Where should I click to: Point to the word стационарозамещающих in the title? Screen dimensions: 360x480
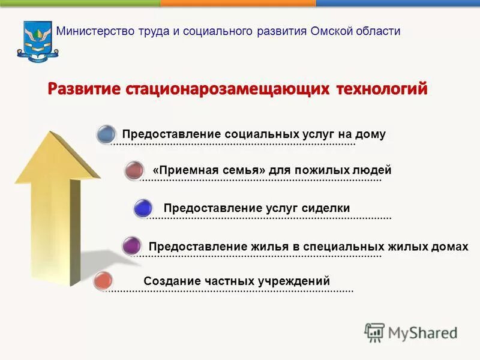[228, 89]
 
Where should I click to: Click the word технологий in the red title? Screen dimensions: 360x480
[381, 89]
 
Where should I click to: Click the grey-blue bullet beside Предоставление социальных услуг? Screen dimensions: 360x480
[106, 134]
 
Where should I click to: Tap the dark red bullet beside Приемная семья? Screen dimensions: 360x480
[134, 170]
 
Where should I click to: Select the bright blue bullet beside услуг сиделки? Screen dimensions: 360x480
[143, 208]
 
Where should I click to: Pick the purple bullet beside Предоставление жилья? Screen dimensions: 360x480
[131, 245]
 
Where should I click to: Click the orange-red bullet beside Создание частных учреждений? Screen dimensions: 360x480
[104, 281]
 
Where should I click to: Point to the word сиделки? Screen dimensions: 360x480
[328, 208]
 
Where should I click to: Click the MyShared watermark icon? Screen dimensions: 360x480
[374, 332]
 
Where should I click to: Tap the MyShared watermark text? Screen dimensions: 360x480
[423, 333]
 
